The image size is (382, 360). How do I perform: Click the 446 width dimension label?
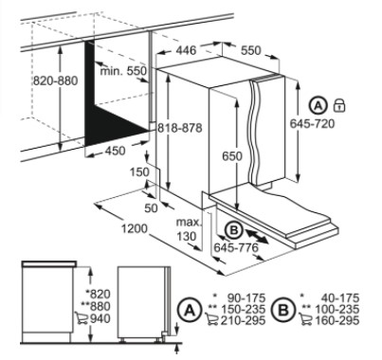click(x=186, y=50)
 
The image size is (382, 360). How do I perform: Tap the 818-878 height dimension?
click(x=180, y=128)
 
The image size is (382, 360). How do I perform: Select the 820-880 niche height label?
click(x=55, y=81)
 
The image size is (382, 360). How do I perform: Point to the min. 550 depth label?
click(x=123, y=71)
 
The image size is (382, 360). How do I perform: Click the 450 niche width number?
click(x=115, y=151)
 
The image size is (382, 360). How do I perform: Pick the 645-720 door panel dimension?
click(x=312, y=123)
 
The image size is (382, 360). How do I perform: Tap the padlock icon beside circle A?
click(x=339, y=105)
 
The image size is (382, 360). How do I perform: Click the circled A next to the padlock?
click(x=318, y=105)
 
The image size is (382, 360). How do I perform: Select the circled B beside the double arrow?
click(x=233, y=230)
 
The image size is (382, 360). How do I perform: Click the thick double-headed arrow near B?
click(x=257, y=237)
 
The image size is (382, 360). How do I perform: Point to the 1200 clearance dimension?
click(x=135, y=228)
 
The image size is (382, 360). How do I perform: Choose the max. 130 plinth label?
click(x=189, y=229)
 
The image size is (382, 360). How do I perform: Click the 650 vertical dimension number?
click(x=232, y=156)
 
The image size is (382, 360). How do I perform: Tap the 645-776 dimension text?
click(x=236, y=248)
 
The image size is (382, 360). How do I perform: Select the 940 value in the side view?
click(x=100, y=319)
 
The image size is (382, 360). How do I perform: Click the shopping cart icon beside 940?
click(x=82, y=318)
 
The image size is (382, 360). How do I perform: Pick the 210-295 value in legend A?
click(x=243, y=321)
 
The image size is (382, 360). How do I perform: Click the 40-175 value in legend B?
click(x=340, y=297)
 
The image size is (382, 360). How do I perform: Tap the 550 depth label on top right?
click(x=251, y=50)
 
